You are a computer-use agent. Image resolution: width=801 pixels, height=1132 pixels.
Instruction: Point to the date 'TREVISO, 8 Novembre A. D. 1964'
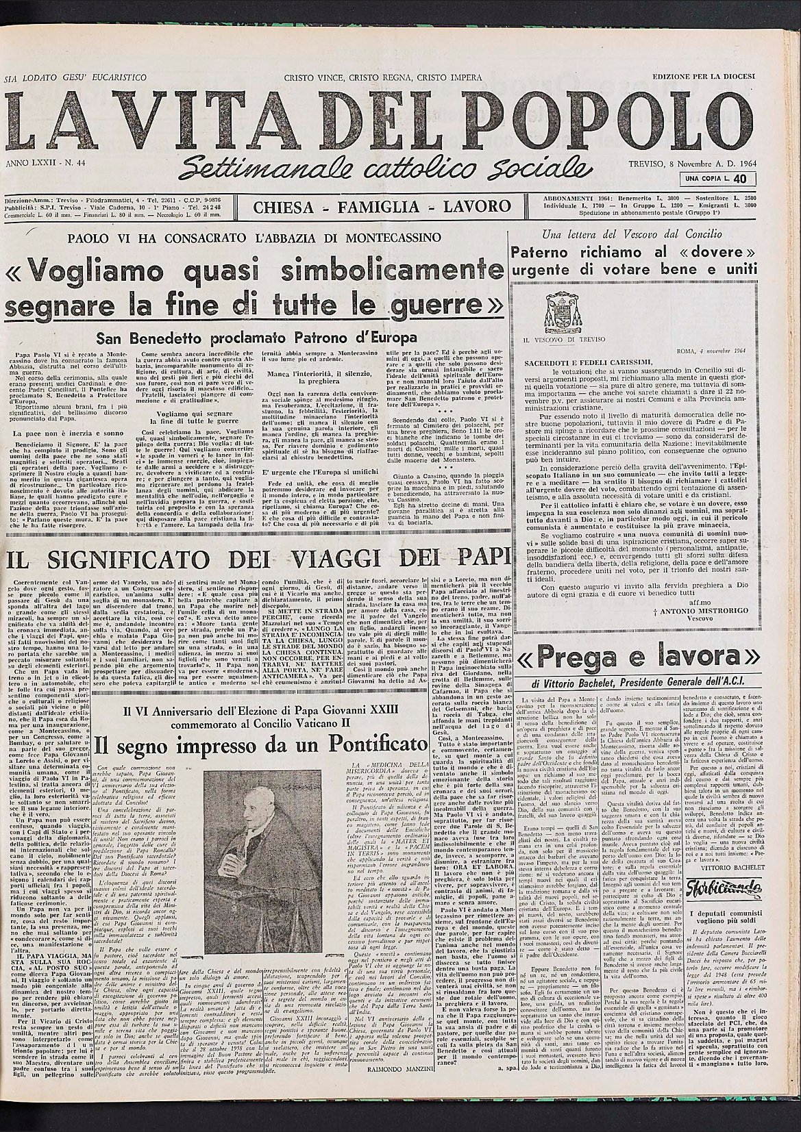click(690, 165)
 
